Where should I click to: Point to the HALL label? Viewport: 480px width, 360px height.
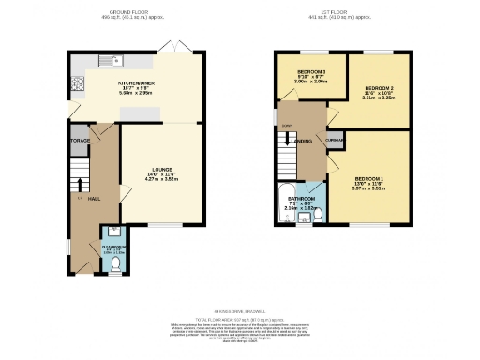94,199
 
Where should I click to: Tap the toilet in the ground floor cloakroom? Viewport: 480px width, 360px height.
113,264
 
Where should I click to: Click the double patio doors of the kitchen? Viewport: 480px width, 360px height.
172,47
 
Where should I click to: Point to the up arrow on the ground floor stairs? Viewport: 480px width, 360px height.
80,183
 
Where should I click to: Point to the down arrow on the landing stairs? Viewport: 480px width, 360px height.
287,139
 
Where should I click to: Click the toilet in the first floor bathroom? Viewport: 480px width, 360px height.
318,215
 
